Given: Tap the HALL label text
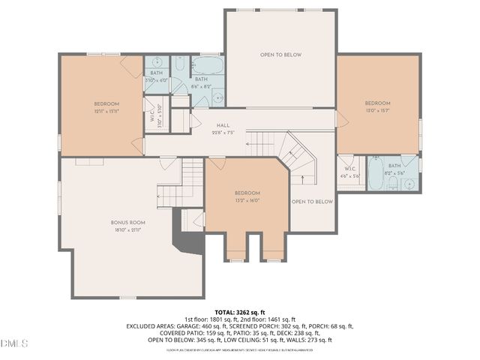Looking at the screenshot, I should click(x=223, y=125).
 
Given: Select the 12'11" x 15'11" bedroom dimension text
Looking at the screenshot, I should click(x=106, y=110).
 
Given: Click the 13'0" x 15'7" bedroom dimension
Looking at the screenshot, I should click(x=377, y=110).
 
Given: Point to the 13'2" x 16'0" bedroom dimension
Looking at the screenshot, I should click(x=247, y=200).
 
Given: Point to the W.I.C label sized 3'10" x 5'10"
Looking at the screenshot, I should click(x=151, y=117).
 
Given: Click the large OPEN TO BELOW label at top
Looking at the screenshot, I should click(x=281, y=55).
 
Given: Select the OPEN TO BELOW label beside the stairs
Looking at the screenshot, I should click(x=312, y=202).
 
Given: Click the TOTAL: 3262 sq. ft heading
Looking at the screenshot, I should click(x=240, y=312).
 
